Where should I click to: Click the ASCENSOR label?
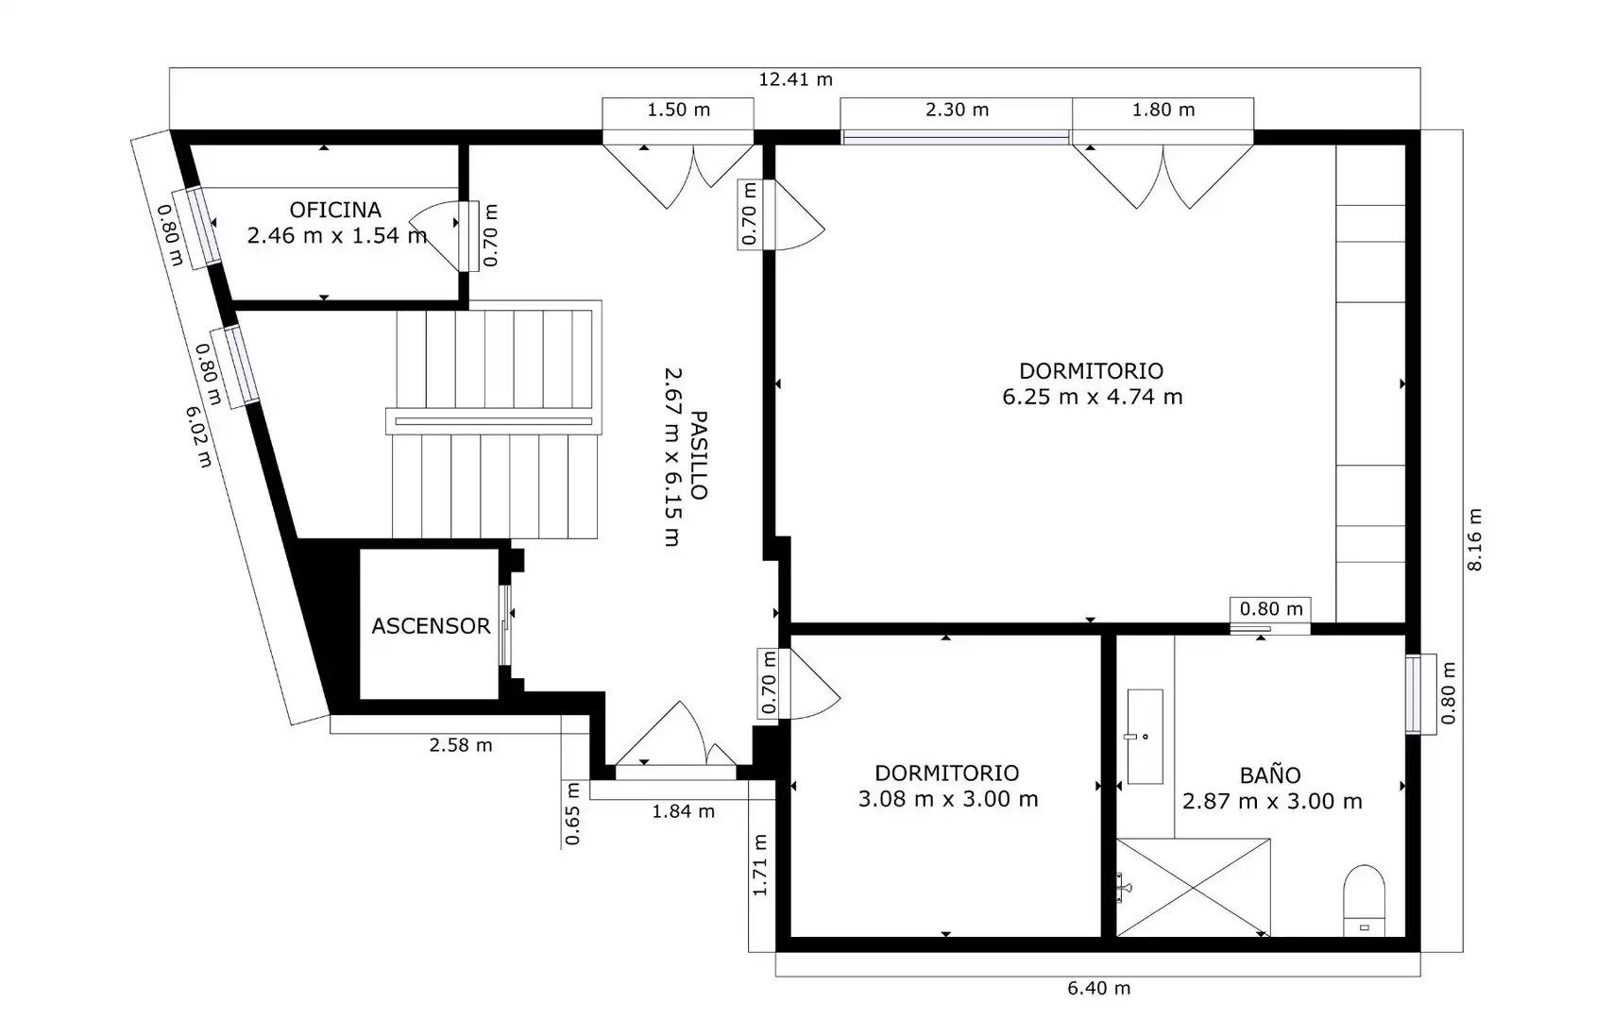[431, 626]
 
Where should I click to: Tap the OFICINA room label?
[335, 211]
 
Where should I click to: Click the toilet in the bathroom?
[1365, 901]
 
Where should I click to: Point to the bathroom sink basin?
[1145, 737]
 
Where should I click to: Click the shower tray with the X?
[1193, 888]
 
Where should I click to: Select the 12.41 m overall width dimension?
[795, 79]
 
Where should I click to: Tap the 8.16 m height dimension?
[1474, 540]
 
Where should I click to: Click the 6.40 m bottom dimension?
[1098, 988]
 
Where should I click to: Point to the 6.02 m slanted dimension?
[199, 437]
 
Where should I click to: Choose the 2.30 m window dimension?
[957, 110]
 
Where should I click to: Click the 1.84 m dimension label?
[683, 811]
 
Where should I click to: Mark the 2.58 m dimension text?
[461, 745]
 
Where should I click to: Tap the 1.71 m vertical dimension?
[760, 865]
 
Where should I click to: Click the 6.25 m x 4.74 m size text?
[1093, 397]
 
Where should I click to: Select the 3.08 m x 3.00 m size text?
[948, 799]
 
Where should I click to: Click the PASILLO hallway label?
[698, 455]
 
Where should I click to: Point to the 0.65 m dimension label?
[572, 813]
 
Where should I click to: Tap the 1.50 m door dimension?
[678, 110]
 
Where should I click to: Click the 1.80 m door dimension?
[1162, 110]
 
